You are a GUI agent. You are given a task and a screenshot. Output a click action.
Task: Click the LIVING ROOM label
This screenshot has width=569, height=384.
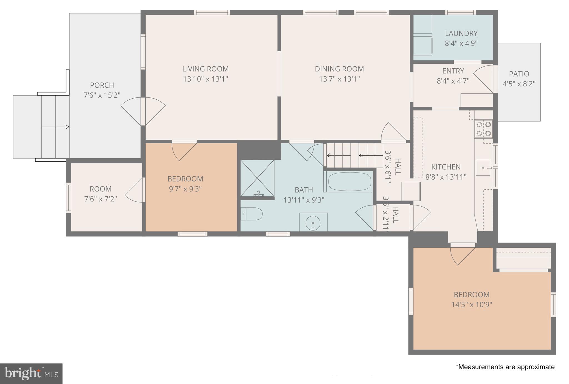pos(205,69)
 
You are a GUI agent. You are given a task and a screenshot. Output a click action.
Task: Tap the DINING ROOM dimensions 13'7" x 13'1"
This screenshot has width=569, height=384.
pos(339,79)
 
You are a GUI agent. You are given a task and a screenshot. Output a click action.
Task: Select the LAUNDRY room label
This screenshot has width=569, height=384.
pos(461,34)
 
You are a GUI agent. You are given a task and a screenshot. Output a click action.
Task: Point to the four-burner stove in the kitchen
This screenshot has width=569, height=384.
pos(483,129)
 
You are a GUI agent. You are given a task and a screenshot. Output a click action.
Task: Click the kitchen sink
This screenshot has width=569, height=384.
pos(483,168)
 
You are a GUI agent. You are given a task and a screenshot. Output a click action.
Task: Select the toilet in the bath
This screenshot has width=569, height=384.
pos(251,214)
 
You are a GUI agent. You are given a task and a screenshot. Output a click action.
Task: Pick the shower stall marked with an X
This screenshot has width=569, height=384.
pos(257,178)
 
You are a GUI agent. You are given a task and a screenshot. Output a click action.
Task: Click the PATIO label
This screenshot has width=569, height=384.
pos(519,74)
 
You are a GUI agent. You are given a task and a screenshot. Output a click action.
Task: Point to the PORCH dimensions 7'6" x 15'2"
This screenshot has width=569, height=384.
pos(102,95)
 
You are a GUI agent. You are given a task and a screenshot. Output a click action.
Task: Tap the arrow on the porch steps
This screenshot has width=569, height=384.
pos(55,127)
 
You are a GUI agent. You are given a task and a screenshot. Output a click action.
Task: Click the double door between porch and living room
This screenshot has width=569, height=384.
pos(143,111)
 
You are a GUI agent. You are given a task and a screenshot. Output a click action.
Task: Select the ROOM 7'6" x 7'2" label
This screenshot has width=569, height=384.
pos(101,189)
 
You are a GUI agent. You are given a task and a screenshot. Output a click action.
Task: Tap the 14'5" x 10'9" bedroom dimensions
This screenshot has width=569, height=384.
pos(471,305)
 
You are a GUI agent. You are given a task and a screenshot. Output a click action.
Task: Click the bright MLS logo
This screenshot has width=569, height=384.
pos(31,373)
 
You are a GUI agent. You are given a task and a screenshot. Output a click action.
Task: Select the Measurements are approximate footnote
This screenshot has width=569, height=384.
pos(505,367)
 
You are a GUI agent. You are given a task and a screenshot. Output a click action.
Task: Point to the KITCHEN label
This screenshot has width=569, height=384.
pos(446,167)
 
